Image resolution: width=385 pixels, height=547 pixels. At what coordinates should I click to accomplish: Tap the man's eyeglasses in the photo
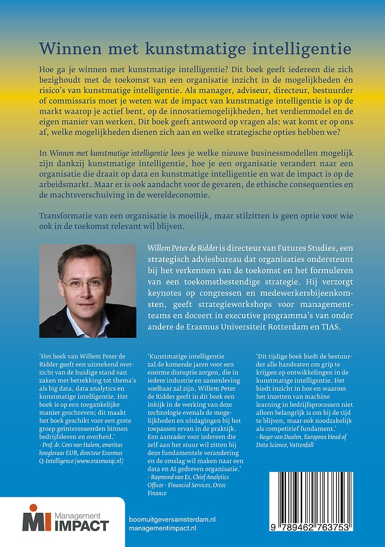pos(84,282)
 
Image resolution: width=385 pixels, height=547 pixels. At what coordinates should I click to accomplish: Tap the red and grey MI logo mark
pos(34,518)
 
